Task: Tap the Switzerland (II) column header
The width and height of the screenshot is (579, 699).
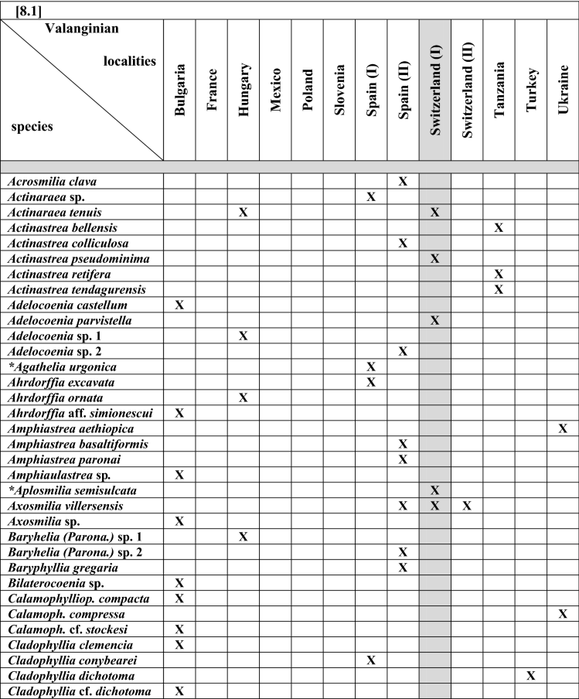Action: point(467,90)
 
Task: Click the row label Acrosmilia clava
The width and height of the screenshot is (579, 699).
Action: point(48,181)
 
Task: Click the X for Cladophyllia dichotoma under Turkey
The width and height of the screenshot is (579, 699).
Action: point(531,676)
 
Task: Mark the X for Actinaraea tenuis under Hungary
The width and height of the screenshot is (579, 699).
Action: point(244,212)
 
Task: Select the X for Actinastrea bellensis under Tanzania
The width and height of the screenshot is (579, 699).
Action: point(499,227)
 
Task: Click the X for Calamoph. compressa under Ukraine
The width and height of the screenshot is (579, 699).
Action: point(563,614)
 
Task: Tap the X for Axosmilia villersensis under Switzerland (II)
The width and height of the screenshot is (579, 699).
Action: point(466,506)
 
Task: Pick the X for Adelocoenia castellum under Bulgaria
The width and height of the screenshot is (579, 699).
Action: point(179,305)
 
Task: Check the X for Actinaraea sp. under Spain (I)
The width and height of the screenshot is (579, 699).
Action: point(371,196)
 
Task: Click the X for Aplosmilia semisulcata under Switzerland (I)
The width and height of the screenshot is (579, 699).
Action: point(434,490)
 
